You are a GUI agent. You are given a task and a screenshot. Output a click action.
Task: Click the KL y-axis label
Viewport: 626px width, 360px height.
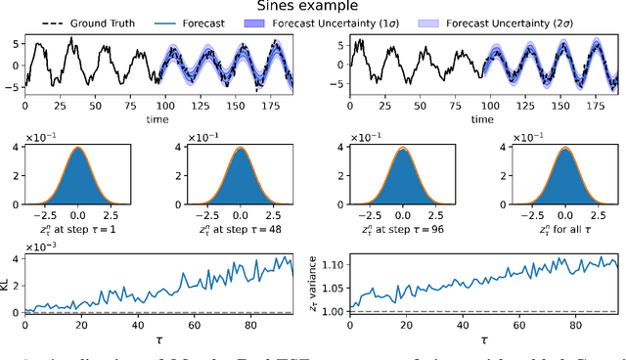click(7, 284)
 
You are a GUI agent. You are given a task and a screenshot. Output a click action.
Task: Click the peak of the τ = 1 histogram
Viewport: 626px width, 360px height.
click(77, 149)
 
